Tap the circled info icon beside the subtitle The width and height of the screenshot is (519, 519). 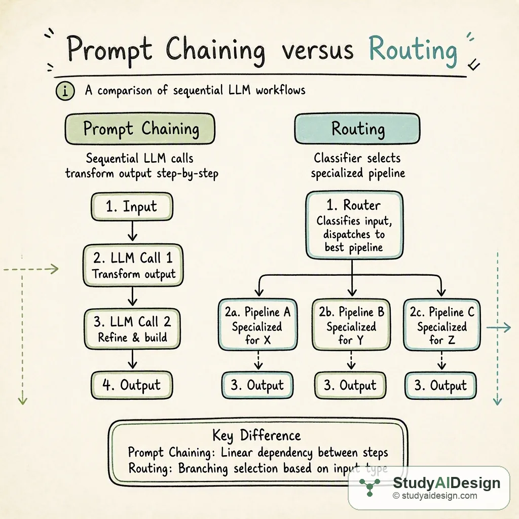[x=65, y=91]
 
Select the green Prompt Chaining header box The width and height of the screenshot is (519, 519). [x=140, y=129]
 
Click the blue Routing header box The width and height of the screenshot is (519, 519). [x=357, y=129]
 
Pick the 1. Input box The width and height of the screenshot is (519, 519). [x=132, y=207]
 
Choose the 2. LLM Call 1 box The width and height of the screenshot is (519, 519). [x=133, y=265]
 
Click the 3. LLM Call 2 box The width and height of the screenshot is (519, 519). [x=132, y=329]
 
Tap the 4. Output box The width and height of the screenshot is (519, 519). [x=132, y=385]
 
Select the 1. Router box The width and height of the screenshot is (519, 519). [x=354, y=225]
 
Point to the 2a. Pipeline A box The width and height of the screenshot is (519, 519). [x=258, y=325]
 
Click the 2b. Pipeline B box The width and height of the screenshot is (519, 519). [x=351, y=325]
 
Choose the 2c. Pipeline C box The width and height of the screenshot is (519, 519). [x=442, y=325]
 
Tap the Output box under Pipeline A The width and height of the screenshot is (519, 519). [x=257, y=385]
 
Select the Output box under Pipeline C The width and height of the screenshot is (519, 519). [x=441, y=385]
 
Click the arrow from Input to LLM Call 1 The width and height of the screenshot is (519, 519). [x=132, y=231]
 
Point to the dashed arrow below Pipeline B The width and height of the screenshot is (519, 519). [x=351, y=360]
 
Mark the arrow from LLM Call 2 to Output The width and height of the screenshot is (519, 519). [x=132, y=359]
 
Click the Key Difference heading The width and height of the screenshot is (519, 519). [x=256, y=435]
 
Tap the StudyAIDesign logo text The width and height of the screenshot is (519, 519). [x=447, y=483]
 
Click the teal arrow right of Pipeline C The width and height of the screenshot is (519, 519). [x=499, y=328]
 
